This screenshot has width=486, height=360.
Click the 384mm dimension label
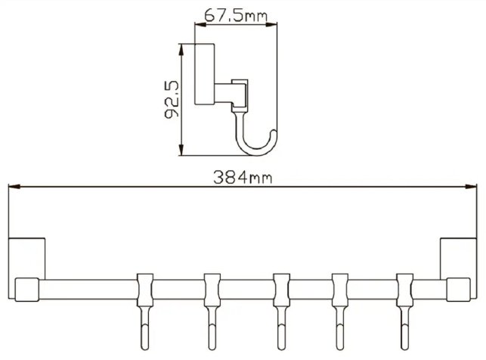coord(243,178)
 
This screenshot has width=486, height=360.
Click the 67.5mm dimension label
coord(236,15)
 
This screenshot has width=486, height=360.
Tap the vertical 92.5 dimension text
coord(172,100)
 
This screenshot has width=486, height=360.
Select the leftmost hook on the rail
coord(145,311)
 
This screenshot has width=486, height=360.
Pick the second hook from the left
coord(212,311)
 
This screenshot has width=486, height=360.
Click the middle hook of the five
coord(281,311)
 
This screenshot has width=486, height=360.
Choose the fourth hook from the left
coord(339,311)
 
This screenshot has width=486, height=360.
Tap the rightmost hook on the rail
coord(405,311)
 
